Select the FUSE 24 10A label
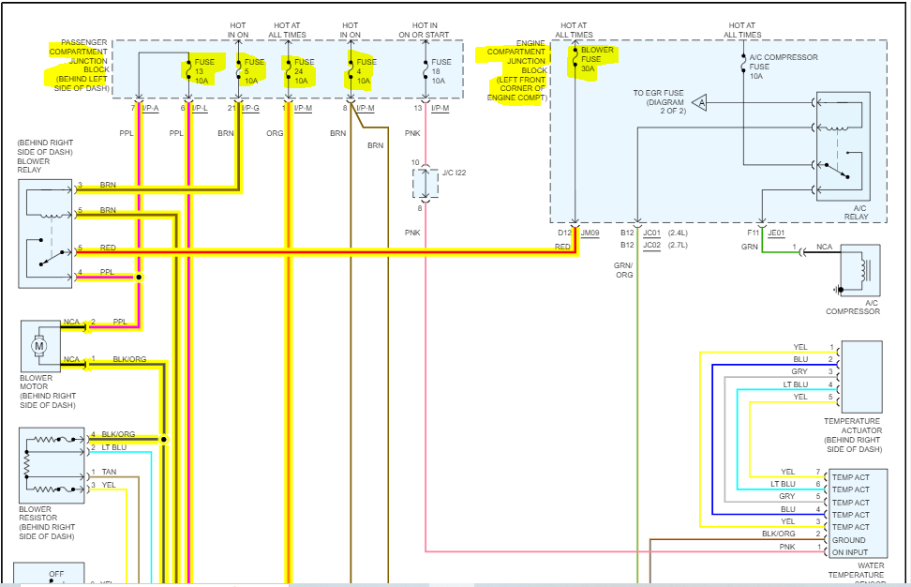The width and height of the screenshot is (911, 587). pyautogui.click(x=300, y=71)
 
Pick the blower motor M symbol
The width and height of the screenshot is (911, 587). pyautogui.click(x=39, y=347)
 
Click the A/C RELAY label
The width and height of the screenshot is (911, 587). pyautogui.click(x=855, y=212)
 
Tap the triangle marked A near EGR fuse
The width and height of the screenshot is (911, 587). pyautogui.click(x=701, y=101)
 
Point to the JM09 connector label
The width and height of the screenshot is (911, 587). pyautogui.click(x=590, y=232)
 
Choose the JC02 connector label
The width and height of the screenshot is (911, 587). pyautogui.click(x=652, y=246)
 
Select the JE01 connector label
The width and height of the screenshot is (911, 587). pyautogui.click(x=776, y=232)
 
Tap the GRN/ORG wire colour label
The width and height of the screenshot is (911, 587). pyautogui.click(x=623, y=270)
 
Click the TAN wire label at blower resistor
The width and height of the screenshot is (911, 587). pyautogui.click(x=110, y=472)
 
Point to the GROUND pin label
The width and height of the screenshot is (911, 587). pyautogui.click(x=849, y=540)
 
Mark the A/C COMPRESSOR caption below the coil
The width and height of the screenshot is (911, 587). pyautogui.click(x=853, y=308)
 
